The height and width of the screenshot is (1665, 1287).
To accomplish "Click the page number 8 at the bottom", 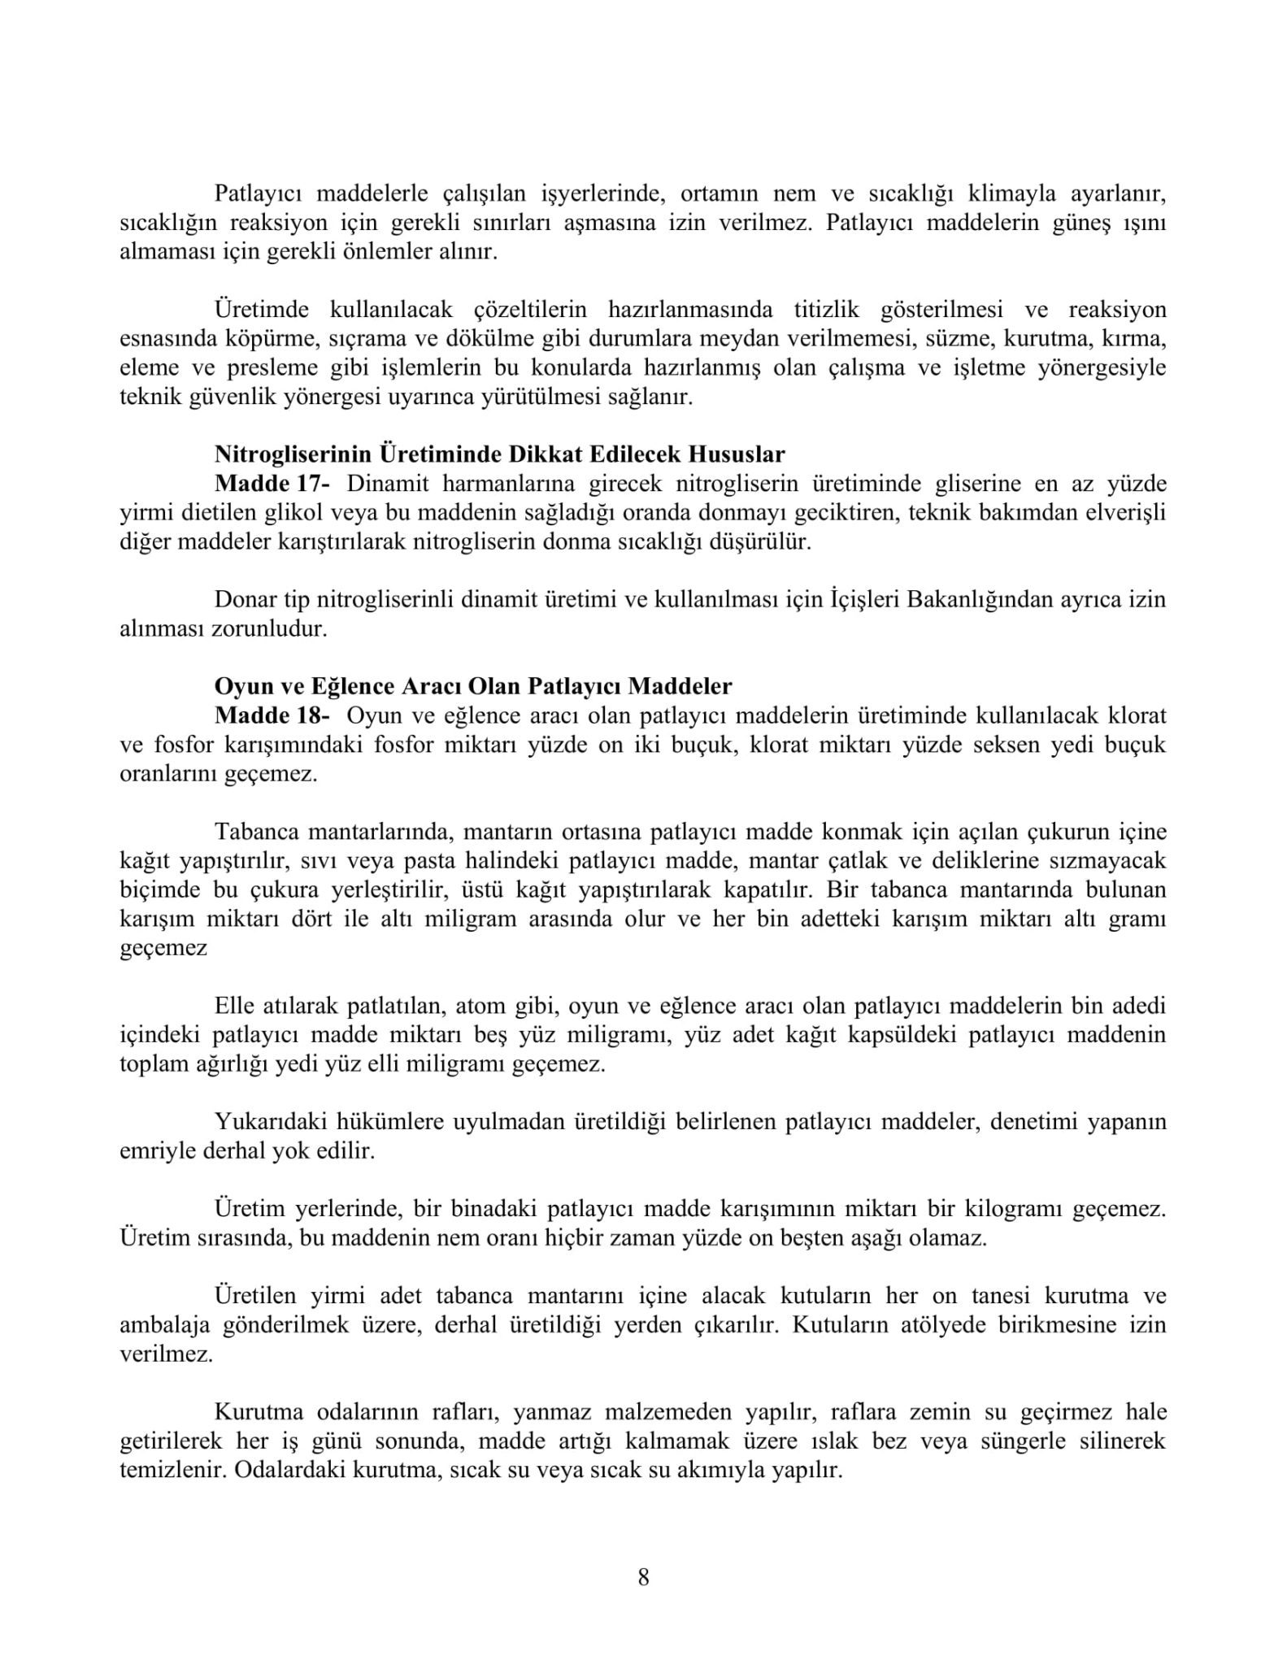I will coord(643,1578).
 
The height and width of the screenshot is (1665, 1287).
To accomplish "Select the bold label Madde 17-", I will coord(272,484).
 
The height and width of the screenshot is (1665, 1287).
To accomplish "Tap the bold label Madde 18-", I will coord(272,715).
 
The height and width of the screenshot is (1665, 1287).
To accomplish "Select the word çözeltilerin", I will coord(529,310).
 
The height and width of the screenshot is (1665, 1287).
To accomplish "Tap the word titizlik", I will coord(824,310).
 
